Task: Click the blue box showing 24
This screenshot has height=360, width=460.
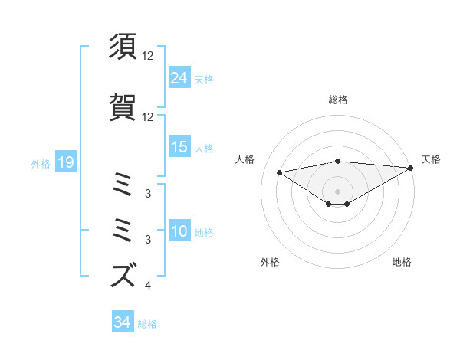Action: click(179, 77)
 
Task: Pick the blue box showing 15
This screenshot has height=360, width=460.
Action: click(179, 147)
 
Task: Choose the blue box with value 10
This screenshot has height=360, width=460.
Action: click(179, 232)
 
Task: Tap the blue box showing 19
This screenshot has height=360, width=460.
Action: click(65, 162)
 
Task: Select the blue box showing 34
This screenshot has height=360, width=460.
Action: click(122, 322)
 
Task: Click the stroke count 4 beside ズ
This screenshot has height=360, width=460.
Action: click(147, 286)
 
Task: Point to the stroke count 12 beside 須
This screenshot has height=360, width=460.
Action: click(148, 56)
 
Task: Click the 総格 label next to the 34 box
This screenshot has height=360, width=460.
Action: click(148, 324)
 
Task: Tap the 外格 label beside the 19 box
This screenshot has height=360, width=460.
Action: click(41, 163)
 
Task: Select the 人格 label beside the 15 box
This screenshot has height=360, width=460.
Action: click(204, 148)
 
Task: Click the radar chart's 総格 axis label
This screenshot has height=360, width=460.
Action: click(337, 100)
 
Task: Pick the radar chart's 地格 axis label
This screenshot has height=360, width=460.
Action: click(402, 263)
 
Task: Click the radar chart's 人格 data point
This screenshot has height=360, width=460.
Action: click(279, 172)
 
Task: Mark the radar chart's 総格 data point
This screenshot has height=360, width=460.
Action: click(337, 161)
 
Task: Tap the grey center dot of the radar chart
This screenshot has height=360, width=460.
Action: click(337, 191)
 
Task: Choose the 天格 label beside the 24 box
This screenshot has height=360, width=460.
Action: click(204, 79)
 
